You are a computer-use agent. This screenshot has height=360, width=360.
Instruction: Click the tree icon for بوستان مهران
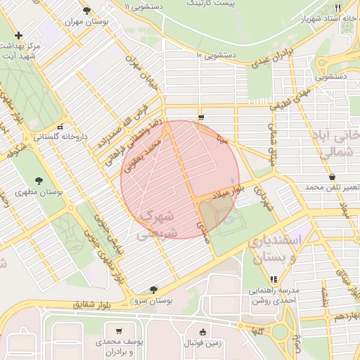86,11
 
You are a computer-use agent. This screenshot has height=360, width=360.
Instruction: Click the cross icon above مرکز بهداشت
18,35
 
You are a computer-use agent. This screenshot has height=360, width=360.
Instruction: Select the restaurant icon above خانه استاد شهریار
338,8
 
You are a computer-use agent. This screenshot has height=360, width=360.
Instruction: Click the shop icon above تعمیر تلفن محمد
331,177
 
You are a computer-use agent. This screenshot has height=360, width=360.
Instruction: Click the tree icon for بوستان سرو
153,289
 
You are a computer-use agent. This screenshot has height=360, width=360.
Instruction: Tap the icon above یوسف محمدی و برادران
119,331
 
